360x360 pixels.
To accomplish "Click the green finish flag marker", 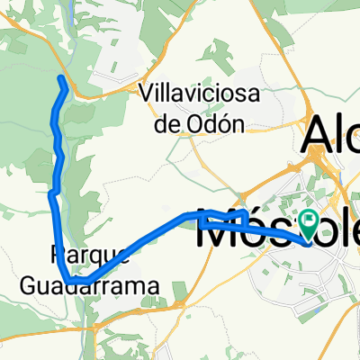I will tap(309, 221).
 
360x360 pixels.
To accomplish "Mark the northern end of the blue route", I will tap(62, 80).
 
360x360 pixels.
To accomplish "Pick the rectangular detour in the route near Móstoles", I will tap(225, 216).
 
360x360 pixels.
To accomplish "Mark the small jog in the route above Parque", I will tap(53, 192).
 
